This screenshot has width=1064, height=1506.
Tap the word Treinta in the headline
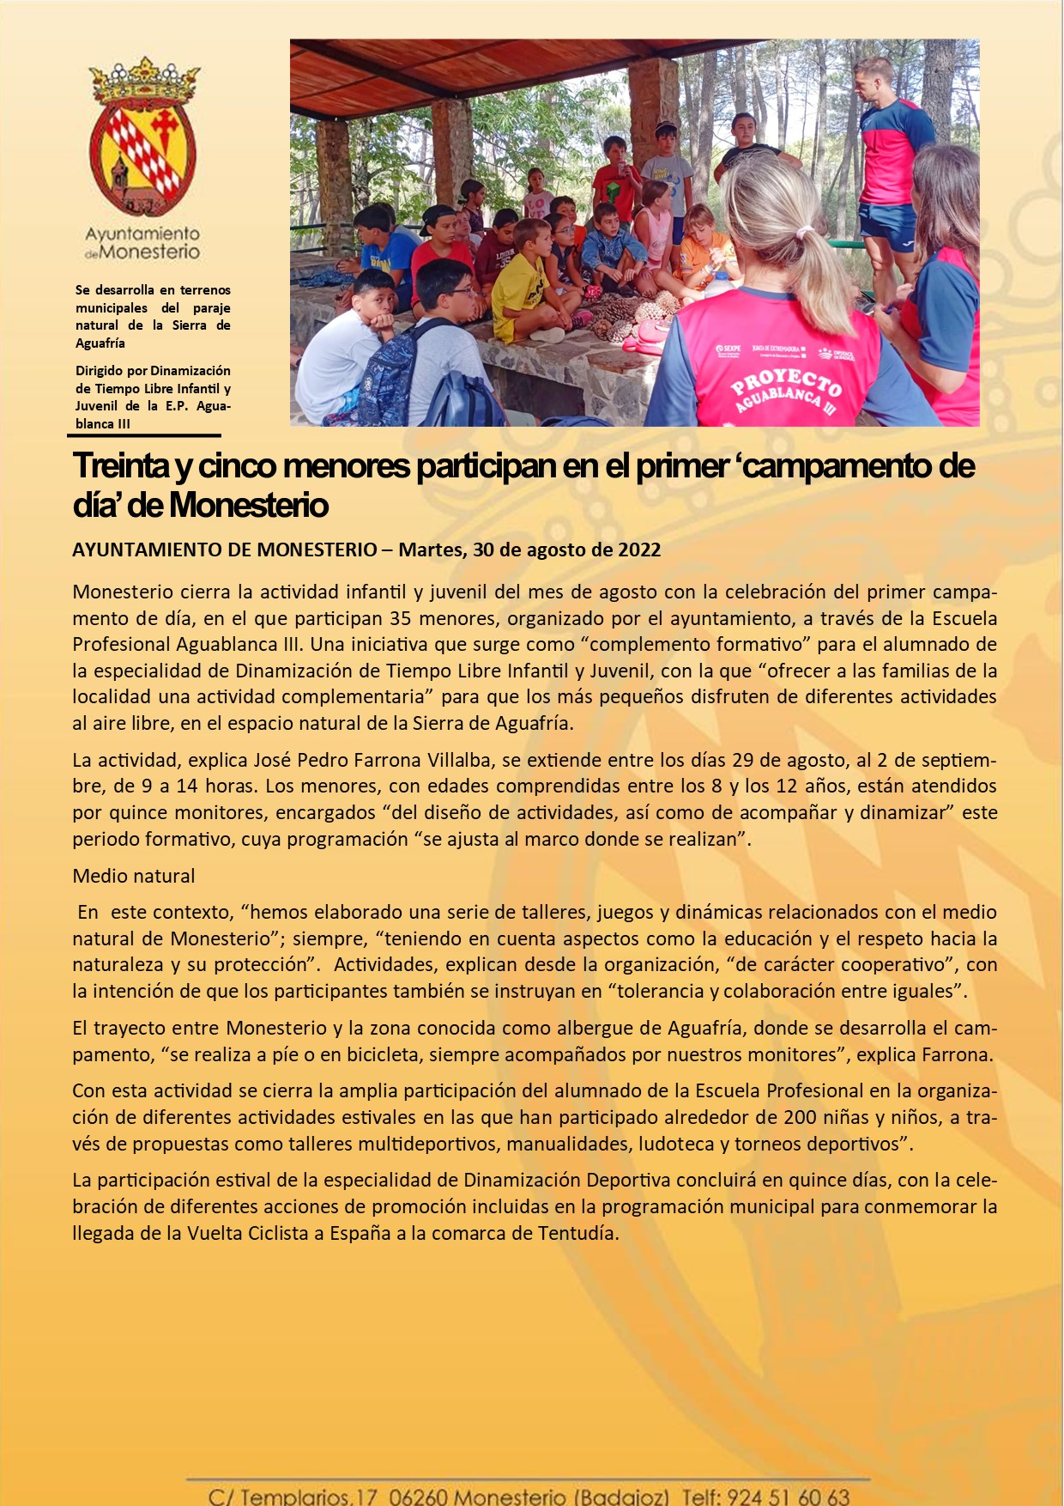point(121,466)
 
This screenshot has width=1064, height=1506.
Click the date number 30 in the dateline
point(483,550)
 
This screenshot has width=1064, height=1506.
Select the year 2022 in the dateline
point(639,550)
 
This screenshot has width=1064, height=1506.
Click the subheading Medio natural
point(134,876)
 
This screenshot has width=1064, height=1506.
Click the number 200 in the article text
point(800,1117)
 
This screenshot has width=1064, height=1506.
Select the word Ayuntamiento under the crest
point(142,234)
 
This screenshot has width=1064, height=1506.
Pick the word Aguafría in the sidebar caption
point(100,343)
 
